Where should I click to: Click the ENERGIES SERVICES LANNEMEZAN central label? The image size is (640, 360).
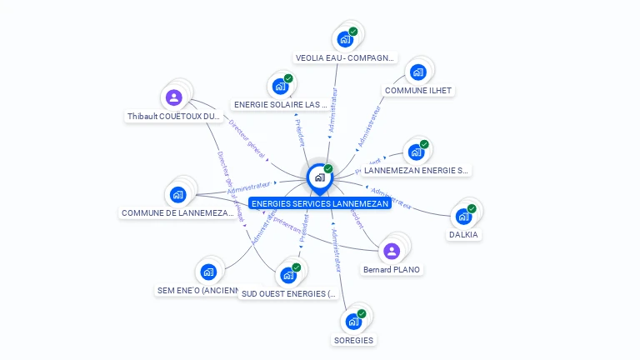pos(319,203)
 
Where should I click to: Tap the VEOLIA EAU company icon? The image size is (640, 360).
pos(344,39)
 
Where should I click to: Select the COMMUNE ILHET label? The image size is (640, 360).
pos(418,90)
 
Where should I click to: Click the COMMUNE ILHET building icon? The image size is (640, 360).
pos(418,72)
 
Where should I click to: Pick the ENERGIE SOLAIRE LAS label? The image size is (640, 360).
pos(281,105)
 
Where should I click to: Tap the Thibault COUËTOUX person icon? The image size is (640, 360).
pos(173,98)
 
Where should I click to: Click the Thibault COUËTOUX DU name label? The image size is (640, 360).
pos(173,117)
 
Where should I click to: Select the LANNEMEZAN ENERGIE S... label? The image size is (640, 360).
pos(417,170)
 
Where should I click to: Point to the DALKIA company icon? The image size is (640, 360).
pos(463,217)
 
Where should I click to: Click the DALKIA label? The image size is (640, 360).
pos(464,235)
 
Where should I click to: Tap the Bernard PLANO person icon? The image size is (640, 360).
pos(391,251)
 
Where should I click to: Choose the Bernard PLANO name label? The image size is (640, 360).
pos(392,269)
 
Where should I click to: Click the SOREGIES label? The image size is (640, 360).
pos(353,340)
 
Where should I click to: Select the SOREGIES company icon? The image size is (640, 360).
pos(353,322)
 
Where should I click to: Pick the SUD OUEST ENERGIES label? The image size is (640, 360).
pos(287,293)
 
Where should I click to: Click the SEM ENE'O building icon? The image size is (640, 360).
pos(208,272)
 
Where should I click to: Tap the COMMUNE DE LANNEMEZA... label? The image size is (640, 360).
pos(177,213)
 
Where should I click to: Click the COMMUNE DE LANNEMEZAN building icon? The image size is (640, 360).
pos(177,195)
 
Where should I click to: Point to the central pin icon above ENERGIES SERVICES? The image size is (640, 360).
pos(319,177)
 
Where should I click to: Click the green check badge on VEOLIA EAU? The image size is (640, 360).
pos(353,32)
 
